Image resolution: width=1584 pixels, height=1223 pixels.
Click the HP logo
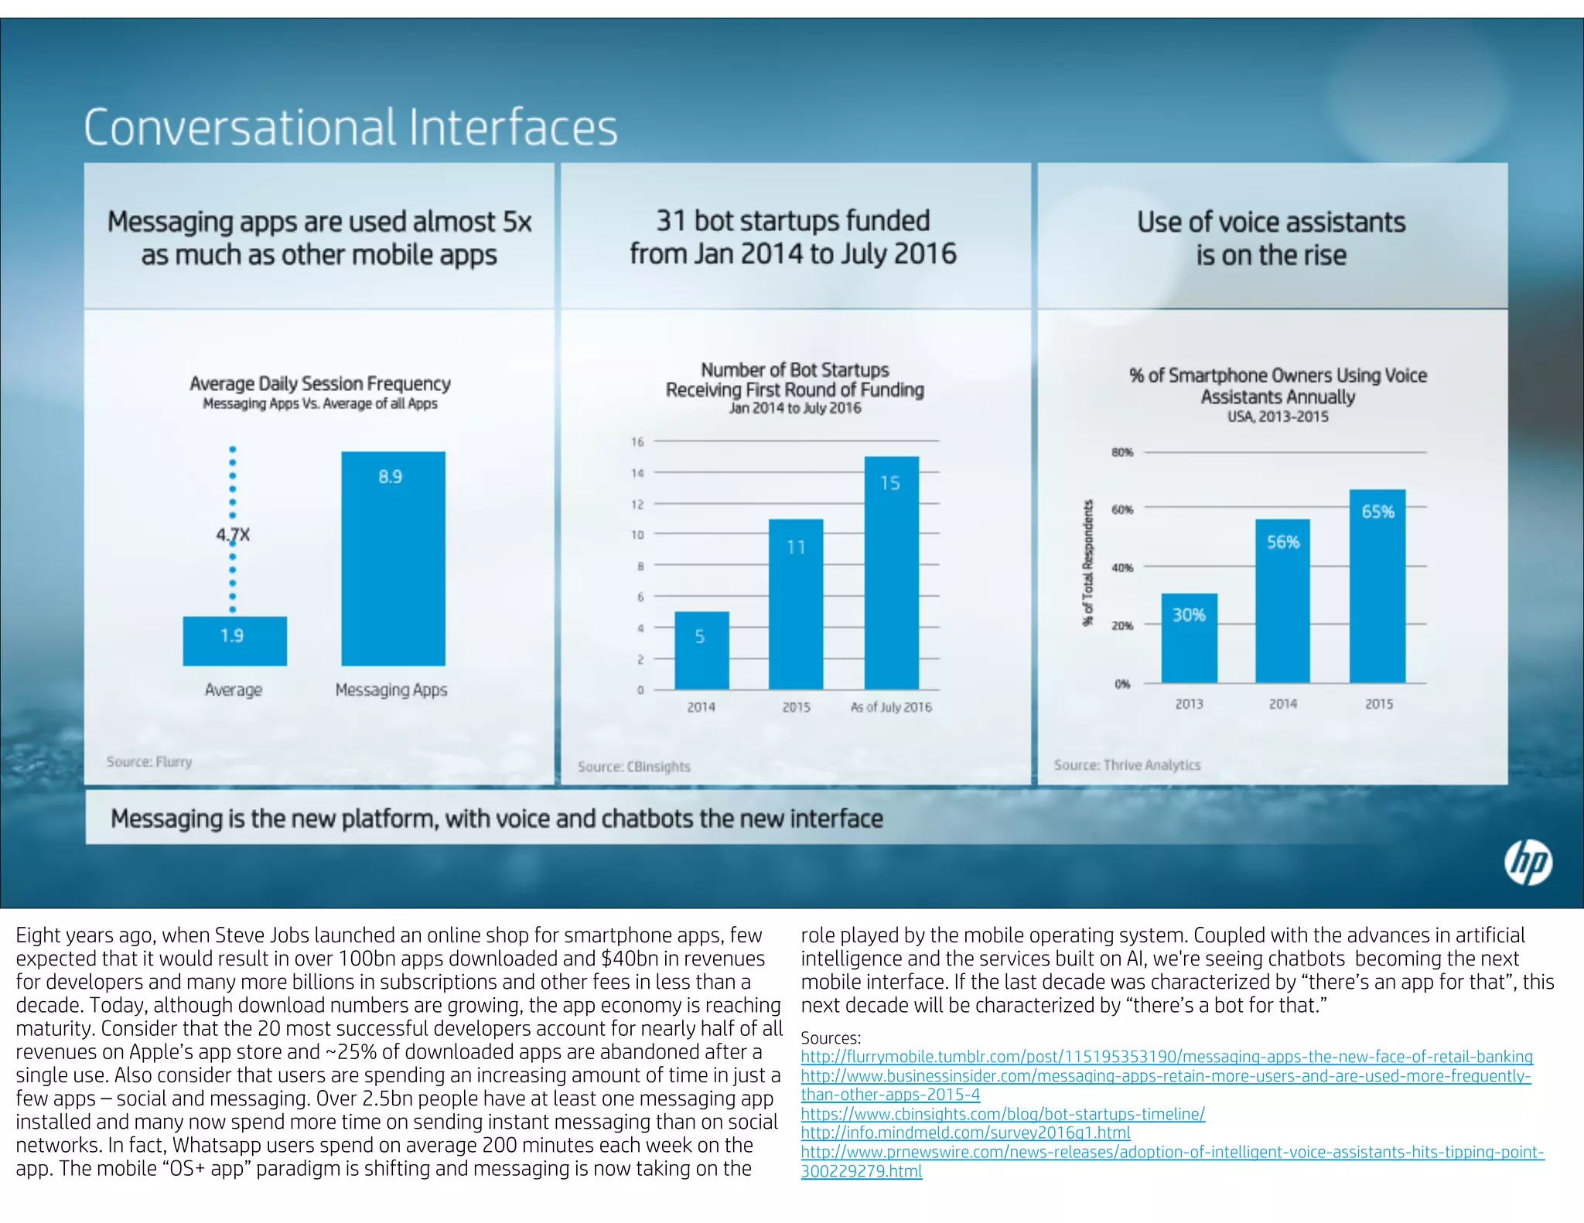[1528, 863]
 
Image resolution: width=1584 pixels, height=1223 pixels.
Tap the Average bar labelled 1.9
[234, 641]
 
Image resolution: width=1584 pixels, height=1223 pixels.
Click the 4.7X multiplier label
[233, 535]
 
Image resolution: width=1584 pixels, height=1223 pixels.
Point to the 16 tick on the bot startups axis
[637, 442]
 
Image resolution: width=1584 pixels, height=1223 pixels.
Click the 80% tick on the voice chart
[1122, 452]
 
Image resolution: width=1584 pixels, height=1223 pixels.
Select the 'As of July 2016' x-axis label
[891, 707]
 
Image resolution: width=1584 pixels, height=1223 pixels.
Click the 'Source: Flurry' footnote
[149, 762]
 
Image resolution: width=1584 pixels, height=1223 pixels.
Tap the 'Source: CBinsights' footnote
[633, 767]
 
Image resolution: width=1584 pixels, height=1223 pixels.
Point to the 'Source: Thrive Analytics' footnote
[1127, 765]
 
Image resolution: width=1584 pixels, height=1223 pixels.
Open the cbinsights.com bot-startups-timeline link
[1002, 1114]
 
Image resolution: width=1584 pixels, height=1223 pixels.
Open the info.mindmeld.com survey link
[965, 1133]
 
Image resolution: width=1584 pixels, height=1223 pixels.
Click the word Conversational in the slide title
[241, 128]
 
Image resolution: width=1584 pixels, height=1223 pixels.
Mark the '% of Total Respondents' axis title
[1088, 563]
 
